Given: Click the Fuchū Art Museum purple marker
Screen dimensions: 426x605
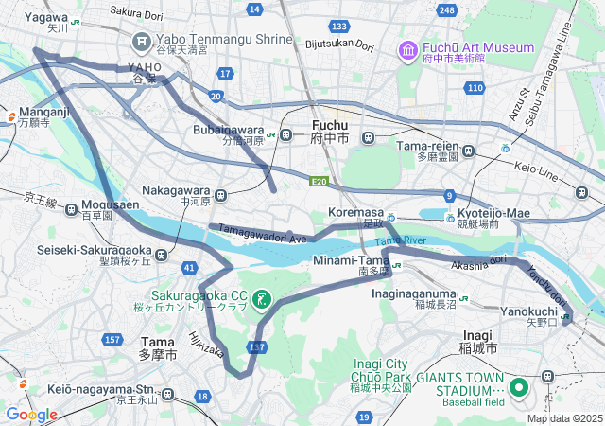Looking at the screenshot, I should [x=408, y=49].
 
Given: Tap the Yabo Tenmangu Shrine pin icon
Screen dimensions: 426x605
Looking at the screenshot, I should [x=143, y=41].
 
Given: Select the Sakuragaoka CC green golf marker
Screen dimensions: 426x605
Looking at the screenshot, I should [x=263, y=299].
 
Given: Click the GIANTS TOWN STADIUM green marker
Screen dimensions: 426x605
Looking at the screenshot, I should [x=519, y=387].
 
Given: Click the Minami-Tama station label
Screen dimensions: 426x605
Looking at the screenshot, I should [x=351, y=266].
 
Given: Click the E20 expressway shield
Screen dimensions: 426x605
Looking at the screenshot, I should [x=319, y=182].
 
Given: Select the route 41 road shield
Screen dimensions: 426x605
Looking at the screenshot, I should [x=190, y=269].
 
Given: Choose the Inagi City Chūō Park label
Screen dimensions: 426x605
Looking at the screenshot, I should [x=380, y=375].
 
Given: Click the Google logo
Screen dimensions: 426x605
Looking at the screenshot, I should [x=31, y=414].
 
